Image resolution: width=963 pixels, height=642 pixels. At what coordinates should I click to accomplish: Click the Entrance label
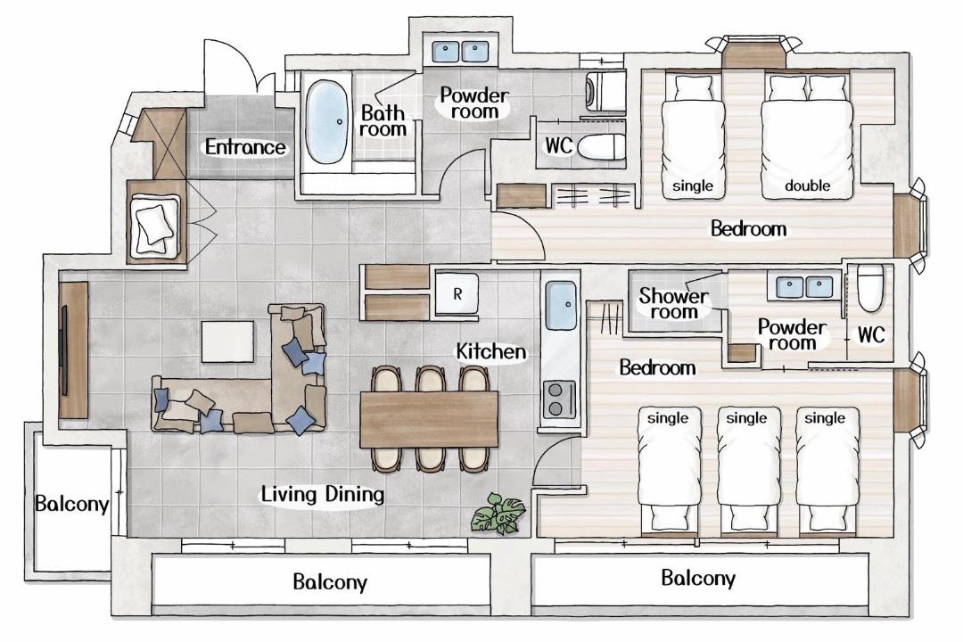[x=245, y=147]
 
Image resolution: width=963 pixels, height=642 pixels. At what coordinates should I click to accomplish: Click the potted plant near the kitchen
[x=498, y=513]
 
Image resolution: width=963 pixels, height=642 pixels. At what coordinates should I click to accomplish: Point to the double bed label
[x=807, y=185]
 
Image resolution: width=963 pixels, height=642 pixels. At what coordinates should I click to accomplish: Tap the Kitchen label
[x=490, y=351]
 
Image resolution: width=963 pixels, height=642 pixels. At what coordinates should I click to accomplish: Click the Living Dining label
[x=323, y=495]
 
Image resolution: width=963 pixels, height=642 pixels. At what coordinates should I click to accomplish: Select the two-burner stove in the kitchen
[x=558, y=399]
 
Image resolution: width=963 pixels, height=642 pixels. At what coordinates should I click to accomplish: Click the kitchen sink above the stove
[x=560, y=305]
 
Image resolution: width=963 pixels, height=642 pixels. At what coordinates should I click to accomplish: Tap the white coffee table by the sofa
[x=227, y=342]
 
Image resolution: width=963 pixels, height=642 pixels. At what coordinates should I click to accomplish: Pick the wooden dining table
[x=429, y=419]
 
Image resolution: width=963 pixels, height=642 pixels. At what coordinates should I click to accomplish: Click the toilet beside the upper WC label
[x=601, y=147]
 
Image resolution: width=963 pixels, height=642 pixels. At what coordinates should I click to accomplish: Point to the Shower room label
[x=674, y=303]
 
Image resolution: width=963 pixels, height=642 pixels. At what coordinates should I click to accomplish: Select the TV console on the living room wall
[x=74, y=350]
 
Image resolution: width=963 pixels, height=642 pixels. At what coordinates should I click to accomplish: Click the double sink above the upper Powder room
[x=460, y=52]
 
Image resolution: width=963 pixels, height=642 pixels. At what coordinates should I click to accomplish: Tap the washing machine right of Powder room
[x=605, y=92]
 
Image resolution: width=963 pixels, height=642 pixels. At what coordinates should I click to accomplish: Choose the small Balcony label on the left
[x=72, y=505]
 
